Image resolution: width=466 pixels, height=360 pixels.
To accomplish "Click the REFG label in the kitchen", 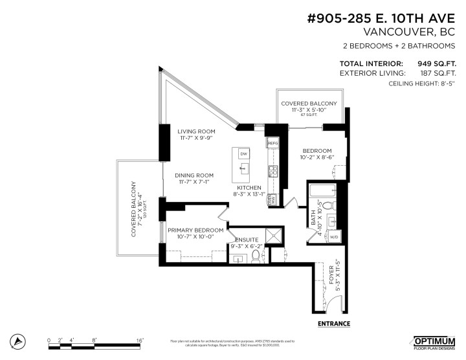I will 272,142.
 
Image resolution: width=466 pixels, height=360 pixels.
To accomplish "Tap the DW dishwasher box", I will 243,153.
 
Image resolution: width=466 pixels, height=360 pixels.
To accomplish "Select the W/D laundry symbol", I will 335,237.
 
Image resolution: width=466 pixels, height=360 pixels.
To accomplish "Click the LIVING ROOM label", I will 196,131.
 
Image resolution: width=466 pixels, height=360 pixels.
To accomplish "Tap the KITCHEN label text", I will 249,187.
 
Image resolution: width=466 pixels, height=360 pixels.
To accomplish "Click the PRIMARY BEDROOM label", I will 195,230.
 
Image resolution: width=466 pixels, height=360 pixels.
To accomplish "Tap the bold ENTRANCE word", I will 334,323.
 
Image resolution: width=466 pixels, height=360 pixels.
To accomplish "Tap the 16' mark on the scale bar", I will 140,339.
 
